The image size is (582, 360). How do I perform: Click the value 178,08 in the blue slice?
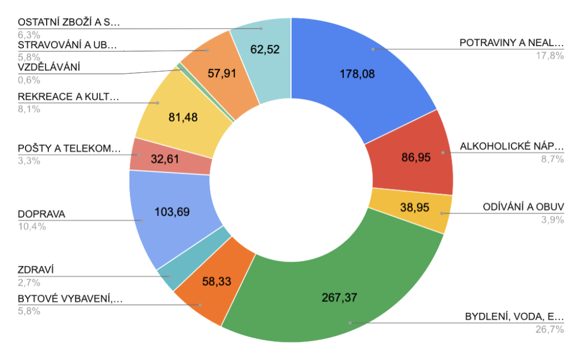pyautogui.click(x=357, y=74)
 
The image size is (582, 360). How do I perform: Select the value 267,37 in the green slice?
pyautogui.click(x=339, y=297)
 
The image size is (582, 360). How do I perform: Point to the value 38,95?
pyautogui.click(x=414, y=209)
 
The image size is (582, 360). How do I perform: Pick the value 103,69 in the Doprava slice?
pyautogui.click(x=172, y=212)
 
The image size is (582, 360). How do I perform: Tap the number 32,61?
pyautogui.click(x=165, y=159)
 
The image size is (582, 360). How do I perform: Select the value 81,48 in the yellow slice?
pyautogui.click(x=184, y=117)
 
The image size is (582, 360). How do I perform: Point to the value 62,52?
pyautogui.click(x=265, y=49)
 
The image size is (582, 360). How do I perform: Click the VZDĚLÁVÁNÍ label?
pyautogui.click(x=48, y=68)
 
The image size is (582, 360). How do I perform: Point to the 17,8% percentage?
pyautogui.click(x=549, y=55)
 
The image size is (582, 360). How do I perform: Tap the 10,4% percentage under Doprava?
pyautogui.click(x=28, y=226)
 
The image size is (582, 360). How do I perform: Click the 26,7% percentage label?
pyautogui.click(x=549, y=329)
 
